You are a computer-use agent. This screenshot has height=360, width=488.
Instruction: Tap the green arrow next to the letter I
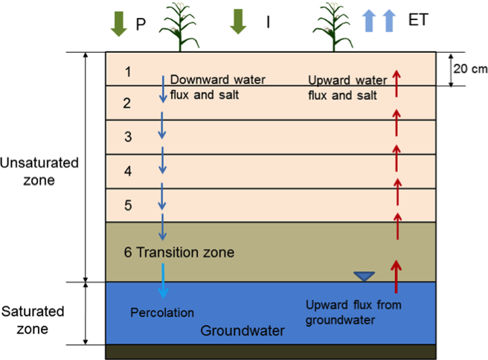point(237,22)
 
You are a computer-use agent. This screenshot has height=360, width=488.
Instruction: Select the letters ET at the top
point(419,21)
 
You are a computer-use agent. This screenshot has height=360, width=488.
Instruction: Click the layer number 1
point(128,71)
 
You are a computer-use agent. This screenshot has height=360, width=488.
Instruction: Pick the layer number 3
point(128,137)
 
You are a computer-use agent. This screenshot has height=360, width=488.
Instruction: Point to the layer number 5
point(128,205)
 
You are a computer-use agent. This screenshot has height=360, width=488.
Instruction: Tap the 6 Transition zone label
point(179,253)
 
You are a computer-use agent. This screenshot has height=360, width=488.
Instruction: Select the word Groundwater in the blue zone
point(237,330)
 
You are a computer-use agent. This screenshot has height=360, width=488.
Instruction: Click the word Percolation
point(162,312)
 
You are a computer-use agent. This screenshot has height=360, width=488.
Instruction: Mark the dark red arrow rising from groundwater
point(396,276)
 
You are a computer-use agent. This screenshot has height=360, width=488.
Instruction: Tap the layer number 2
point(127,103)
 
